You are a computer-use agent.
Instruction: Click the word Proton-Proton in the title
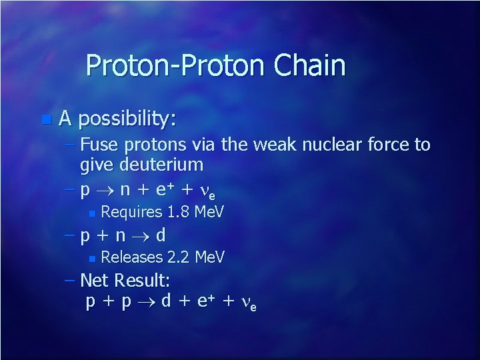[175, 66]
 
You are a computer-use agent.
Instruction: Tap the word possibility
[127, 119]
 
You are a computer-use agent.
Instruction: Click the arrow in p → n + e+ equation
[107, 191]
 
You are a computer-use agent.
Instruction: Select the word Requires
[131, 213]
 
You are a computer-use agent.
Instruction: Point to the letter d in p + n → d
[161, 235]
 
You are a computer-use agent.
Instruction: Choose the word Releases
[131, 257]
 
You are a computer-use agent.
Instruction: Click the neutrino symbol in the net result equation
[246, 303]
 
